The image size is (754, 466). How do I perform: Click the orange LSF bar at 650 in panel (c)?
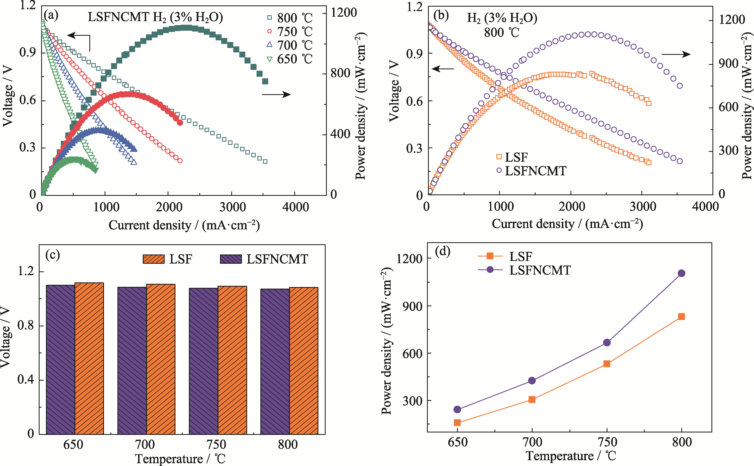coord(89,358)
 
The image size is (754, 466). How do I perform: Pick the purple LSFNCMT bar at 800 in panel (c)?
coord(275,361)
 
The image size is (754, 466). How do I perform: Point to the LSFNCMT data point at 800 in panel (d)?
coord(681,273)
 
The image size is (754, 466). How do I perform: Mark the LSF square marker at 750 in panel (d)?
coord(607,364)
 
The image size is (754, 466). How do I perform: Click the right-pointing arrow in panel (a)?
coord(276,94)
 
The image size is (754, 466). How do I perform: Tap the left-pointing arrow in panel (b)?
coord(443,68)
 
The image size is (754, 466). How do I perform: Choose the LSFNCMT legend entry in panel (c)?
coord(264,259)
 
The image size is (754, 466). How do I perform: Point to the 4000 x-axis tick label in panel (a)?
coord(295,207)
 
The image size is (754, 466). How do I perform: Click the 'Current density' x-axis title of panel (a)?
coord(184,225)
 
